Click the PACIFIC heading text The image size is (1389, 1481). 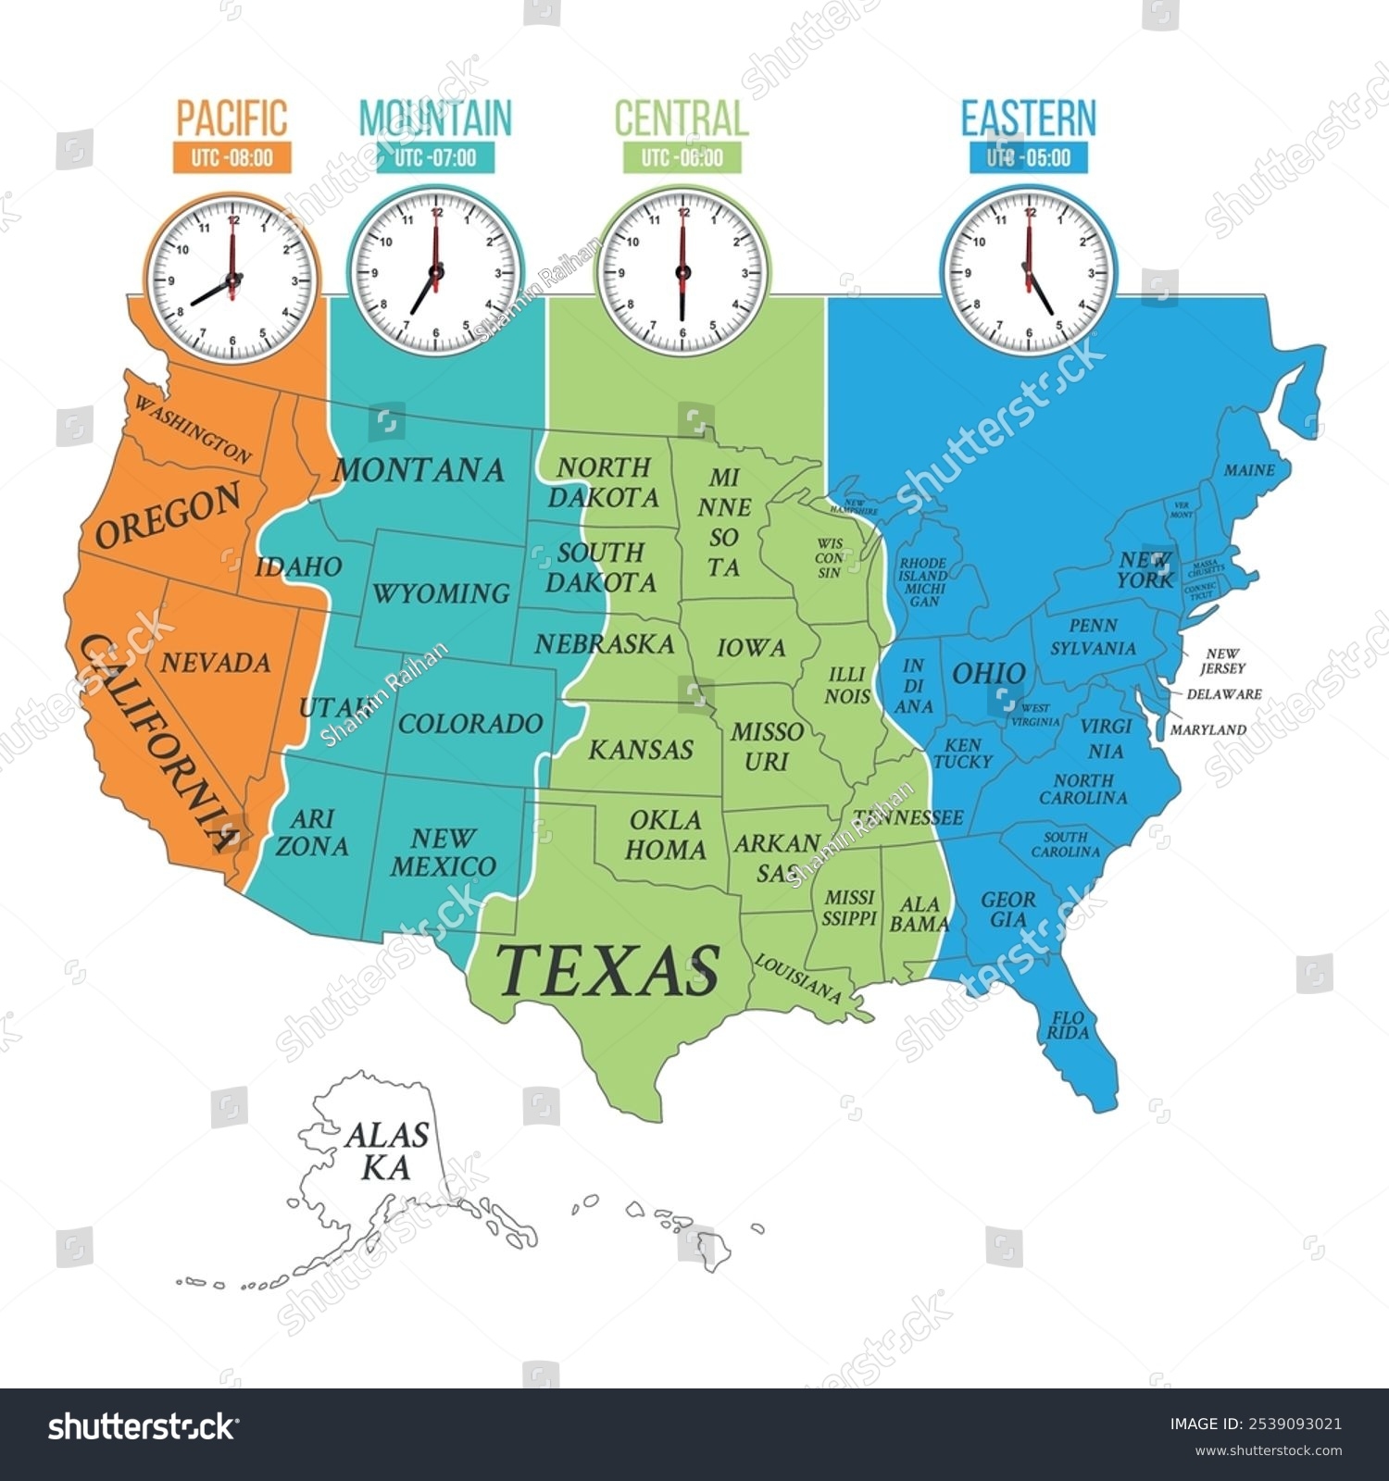pos(231,118)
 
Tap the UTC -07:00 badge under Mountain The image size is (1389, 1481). pos(435,157)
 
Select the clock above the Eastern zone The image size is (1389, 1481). pos(1028,270)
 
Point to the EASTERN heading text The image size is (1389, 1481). pos(1028,118)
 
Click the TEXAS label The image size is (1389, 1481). pos(608,969)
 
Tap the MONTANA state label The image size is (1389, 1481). pos(419,470)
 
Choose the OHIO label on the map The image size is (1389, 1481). pos(988,673)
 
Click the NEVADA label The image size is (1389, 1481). pos(216,663)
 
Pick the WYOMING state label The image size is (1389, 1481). pos(441,592)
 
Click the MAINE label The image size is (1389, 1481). pos(1249,470)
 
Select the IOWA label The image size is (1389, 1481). pos(751,648)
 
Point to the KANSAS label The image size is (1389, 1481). pos(641,749)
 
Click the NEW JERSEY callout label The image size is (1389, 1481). pos(1222,661)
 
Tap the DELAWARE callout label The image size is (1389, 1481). pos(1224,693)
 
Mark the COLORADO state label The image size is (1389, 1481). pos(470,723)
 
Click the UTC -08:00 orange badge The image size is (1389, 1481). pos(231,157)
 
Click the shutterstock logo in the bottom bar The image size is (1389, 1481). pos(142,1426)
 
